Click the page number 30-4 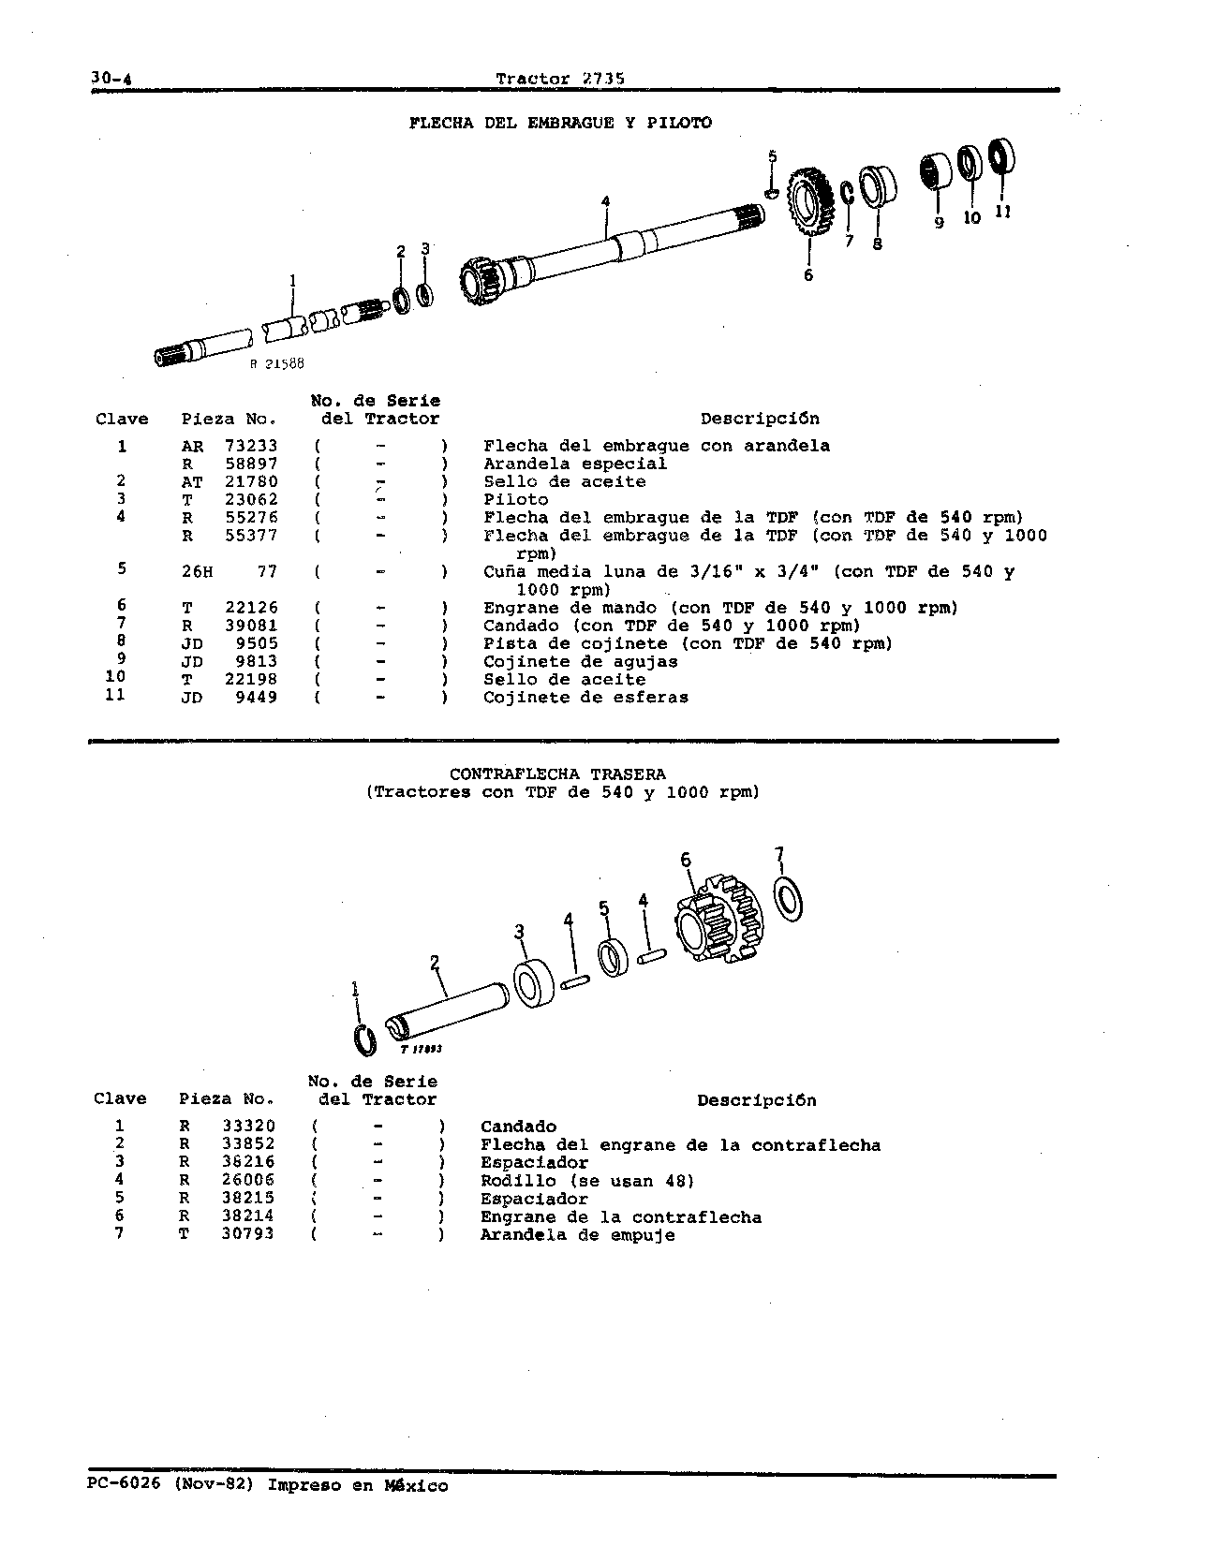click(111, 79)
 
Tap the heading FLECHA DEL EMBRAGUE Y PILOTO click(560, 123)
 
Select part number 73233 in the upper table click(251, 446)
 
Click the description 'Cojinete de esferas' click(585, 697)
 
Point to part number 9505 click(256, 643)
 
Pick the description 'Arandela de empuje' click(577, 1235)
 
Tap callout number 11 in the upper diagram click(1002, 212)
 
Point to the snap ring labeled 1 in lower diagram click(366, 1041)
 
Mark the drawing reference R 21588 click(276, 365)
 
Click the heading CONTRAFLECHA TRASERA click(557, 774)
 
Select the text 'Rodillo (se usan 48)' click(587, 1181)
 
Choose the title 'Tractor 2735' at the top click(560, 79)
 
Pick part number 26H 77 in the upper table click(230, 571)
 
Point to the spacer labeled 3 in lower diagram click(535, 983)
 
